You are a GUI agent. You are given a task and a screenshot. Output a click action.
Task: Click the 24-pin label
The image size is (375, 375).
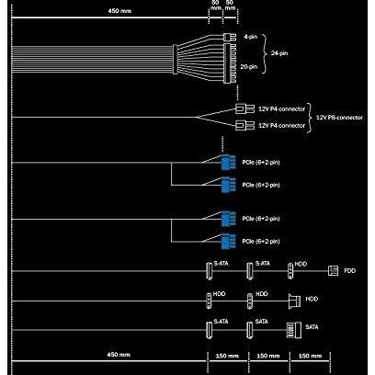pos(279,53)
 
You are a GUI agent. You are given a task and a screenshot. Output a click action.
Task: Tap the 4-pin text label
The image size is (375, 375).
pos(251,37)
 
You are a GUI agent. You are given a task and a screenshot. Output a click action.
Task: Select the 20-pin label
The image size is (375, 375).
pos(249,66)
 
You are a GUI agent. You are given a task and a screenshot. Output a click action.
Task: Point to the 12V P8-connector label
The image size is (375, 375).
pos(339,118)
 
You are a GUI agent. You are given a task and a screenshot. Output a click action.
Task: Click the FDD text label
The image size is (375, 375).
pos(350,271)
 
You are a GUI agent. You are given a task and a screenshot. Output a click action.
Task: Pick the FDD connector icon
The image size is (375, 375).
pos(333,270)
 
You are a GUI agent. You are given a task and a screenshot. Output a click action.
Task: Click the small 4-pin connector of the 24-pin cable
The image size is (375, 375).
pos(230,38)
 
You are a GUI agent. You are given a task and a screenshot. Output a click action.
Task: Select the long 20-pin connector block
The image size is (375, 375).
pos(230,63)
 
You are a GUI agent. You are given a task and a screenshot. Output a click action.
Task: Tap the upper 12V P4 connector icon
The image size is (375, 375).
pos(244,108)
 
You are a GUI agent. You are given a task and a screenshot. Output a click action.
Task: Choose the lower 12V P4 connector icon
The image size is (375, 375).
pos(244,126)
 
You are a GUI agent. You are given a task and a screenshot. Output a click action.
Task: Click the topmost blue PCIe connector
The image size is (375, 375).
pos(229,162)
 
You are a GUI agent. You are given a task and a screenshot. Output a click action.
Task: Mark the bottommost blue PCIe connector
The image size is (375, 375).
pos(229,241)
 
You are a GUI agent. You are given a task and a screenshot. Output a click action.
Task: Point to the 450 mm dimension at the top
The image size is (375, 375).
pos(119,11)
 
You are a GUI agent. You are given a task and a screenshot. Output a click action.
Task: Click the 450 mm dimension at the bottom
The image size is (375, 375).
pos(119,355)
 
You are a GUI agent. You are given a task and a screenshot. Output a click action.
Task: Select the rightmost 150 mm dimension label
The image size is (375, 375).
pos(310,356)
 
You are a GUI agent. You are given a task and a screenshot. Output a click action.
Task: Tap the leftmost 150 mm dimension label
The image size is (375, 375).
pos(227,356)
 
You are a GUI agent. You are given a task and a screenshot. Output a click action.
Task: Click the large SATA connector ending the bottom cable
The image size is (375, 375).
pos(294,330)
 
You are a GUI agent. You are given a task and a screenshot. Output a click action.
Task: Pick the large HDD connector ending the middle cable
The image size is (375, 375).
pos(294,301)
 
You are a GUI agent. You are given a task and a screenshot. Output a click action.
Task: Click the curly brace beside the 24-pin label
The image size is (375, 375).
pos(265,52)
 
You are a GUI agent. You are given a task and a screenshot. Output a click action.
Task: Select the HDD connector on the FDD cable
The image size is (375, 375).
pos(290,271)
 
